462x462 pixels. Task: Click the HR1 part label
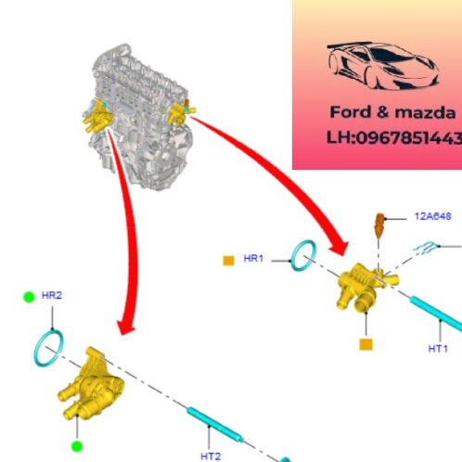click(x=254, y=258)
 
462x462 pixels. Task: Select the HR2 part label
click(x=52, y=295)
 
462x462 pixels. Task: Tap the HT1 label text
click(x=438, y=349)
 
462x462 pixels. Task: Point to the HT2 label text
click(x=211, y=456)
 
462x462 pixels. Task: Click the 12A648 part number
click(x=432, y=217)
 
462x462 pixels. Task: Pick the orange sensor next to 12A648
click(x=379, y=225)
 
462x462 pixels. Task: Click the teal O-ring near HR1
click(x=302, y=256)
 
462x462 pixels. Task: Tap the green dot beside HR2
click(x=29, y=296)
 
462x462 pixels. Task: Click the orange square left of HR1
click(x=227, y=260)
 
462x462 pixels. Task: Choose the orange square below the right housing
click(x=366, y=344)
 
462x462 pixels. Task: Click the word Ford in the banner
click(x=350, y=112)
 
